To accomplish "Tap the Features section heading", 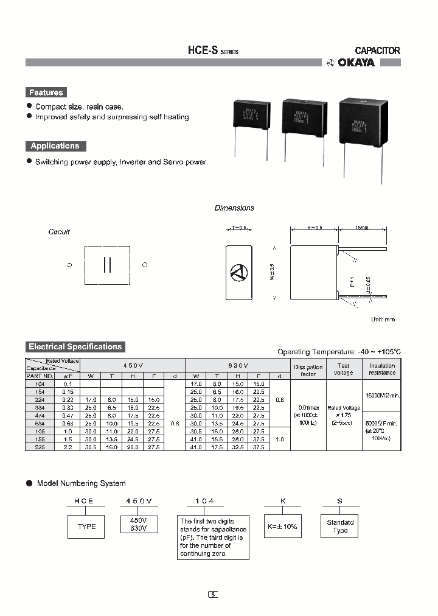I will [46, 93].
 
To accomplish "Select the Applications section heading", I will [55, 146].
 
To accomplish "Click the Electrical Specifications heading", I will [75, 347].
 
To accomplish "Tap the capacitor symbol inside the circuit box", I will [107, 265].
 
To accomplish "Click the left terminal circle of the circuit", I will [69, 265].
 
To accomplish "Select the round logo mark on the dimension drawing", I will [238, 273].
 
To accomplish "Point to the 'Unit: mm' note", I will [383, 319].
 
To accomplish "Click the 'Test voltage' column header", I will [343, 369].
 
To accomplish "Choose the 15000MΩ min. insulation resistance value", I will [382, 395].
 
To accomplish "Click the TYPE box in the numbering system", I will [86, 527].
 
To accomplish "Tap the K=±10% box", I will [283, 527].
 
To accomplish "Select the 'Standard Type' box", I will [340, 527].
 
